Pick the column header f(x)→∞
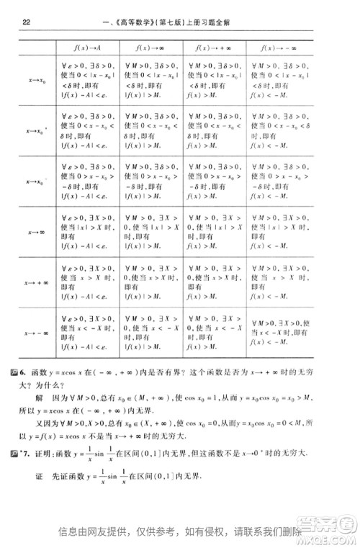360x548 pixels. [150, 48]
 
